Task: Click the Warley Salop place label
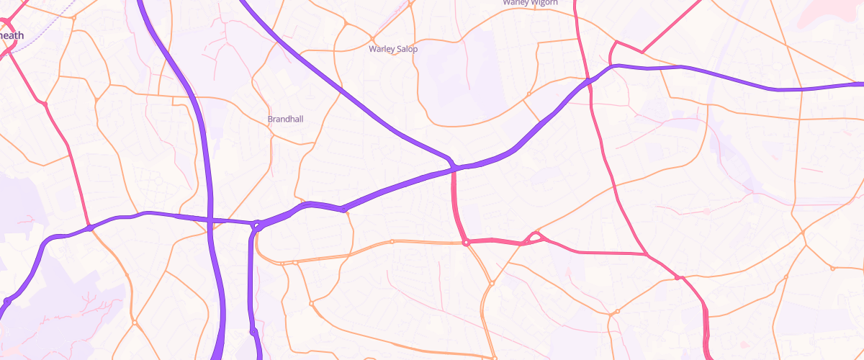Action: click(x=393, y=49)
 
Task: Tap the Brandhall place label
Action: click(x=286, y=119)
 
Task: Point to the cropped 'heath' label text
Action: click(x=12, y=35)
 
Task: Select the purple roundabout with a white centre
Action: click(x=256, y=225)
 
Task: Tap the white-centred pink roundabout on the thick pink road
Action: click(x=467, y=243)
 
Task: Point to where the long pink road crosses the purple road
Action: click(x=589, y=81)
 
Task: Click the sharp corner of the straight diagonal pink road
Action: click(x=642, y=52)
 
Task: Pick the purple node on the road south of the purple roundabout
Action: click(x=253, y=331)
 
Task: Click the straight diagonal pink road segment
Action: click(x=673, y=26)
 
